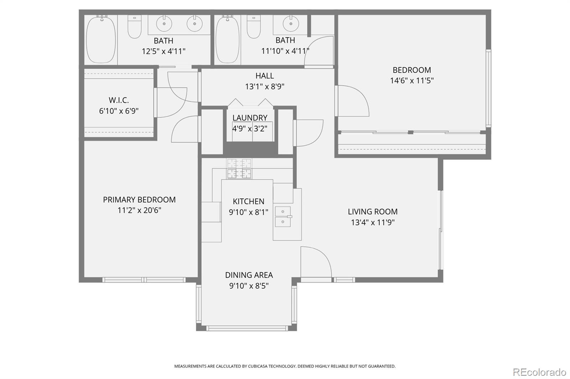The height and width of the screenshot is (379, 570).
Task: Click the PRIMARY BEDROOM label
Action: (139, 200)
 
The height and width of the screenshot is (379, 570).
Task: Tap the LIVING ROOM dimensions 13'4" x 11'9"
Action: (373, 223)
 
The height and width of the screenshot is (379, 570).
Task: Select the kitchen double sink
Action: (283, 217)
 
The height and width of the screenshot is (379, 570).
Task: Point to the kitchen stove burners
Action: (239, 169)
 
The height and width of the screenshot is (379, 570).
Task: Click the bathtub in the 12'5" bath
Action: (101, 39)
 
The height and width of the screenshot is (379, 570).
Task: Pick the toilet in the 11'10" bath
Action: (254, 27)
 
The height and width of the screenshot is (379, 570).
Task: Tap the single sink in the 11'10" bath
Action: (291, 24)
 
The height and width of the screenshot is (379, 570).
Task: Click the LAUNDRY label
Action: (250, 118)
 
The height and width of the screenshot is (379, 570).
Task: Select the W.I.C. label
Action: (119, 100)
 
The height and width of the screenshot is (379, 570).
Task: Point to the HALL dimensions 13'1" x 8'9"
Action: (265, 86)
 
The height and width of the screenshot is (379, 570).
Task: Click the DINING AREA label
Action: (249, 275)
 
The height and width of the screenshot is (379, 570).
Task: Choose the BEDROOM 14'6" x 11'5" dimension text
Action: (412, 81)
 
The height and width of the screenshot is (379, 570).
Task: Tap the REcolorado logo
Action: (539, 372)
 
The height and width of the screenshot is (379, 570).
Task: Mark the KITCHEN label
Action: (249, 202)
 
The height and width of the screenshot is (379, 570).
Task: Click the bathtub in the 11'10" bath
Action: (227, 39)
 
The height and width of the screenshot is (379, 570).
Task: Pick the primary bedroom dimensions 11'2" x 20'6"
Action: (139, 210)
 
